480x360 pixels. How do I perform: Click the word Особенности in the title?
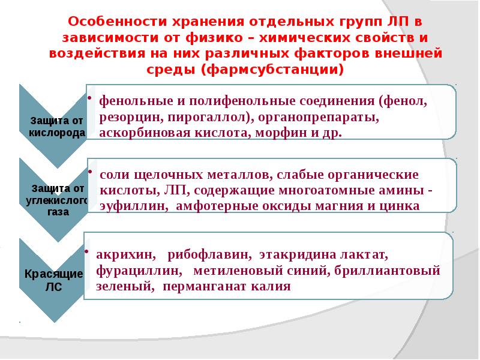click(108, 22)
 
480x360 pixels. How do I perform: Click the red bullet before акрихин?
click(89, 251)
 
